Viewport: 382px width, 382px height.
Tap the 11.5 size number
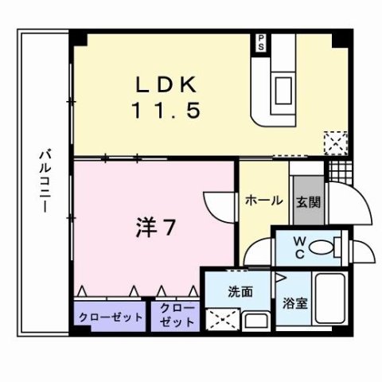[x=165, y=111]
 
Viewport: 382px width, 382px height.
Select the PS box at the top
[x=260, y=42]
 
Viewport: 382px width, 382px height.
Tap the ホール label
[x=263, y=200]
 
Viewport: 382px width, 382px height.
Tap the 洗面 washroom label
[x=240, y=291]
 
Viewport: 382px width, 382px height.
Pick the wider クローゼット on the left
[x=111, y=316]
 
